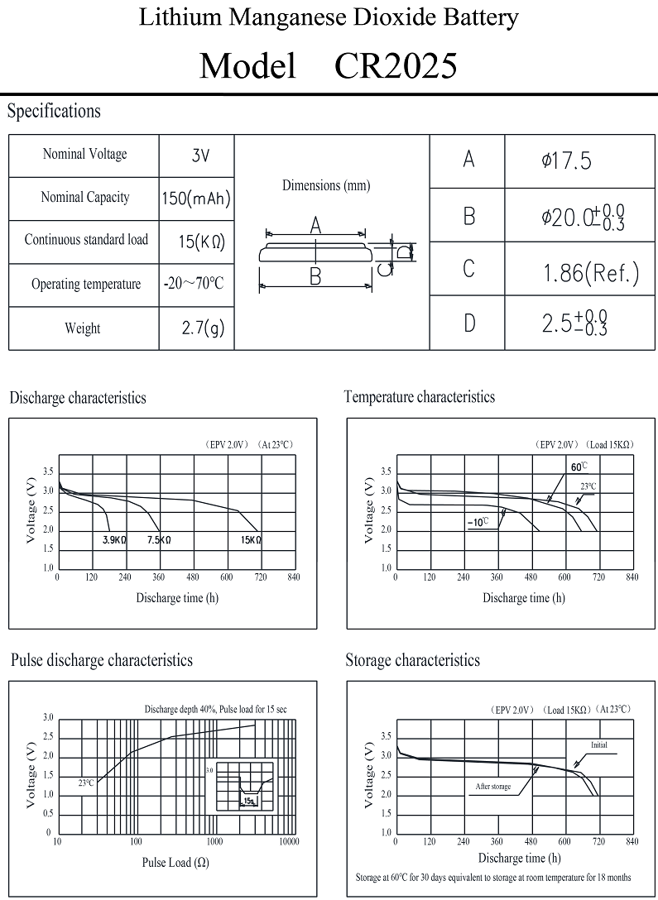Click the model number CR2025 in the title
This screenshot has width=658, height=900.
pyautogui.click(x=396, y=65)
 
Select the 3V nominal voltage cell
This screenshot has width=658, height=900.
pyautogui.click(x=200, y=156)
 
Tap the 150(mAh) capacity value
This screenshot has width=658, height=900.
pyautogui.click(x=196, y=199)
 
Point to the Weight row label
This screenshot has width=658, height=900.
pyautogui.click(x=83, y=328)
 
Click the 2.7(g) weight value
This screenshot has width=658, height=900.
pyautogui.click(x=203, y=328)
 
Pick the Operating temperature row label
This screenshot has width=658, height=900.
pyautogui.click(x=86, y=284)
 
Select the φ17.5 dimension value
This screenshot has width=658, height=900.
pyautogui.click(x=566, y=161)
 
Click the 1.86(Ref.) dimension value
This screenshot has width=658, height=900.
pyautogui.click(x=591, y=273)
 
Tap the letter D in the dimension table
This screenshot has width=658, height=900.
pyautogui.click(x=469, y=323)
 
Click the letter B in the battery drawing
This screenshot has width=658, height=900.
pyautogui.click(x=315, y=276)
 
